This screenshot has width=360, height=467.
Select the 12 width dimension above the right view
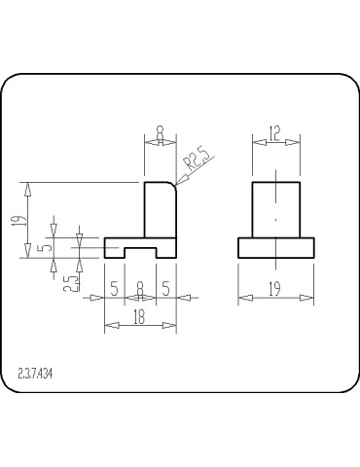[276, 134]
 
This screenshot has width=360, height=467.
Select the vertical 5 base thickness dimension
[41, 247]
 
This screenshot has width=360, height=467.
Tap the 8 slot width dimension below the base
[140, 288]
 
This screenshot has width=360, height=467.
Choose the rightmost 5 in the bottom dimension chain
[167, 288]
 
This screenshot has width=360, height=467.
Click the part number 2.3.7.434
[36, 373]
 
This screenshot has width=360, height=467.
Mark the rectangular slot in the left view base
[140, 253]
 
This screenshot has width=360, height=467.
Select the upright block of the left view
[160, 210]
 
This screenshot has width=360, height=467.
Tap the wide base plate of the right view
[275, 248]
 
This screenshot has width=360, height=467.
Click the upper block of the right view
[276, 210]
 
